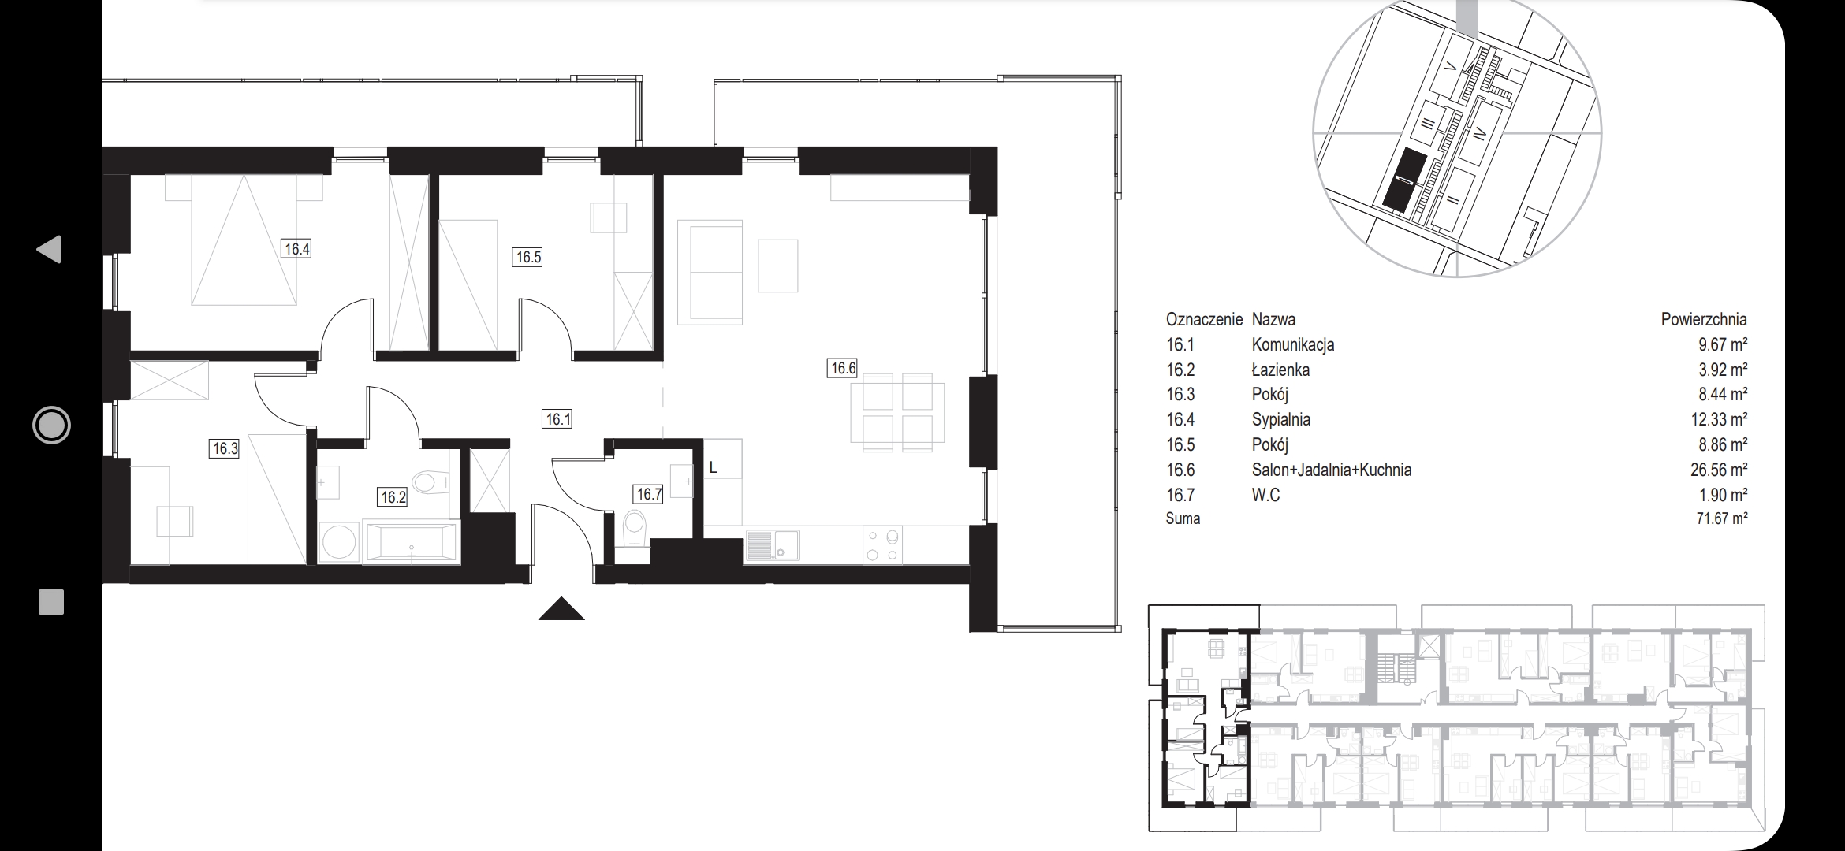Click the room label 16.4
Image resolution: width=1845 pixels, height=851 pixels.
pyautogui.click(x=297, y=249)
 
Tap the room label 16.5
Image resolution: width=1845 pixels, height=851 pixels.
pyautogui.click(x=527, y=257)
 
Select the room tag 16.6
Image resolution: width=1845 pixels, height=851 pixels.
pyautogui.click(x=842, y=368)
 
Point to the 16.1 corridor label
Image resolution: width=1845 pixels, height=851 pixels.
pyautogui.click(x=557, y=419)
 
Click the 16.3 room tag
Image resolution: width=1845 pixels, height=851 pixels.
pyautogui.click(x=225, y=449)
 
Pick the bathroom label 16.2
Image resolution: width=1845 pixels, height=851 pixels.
pyautogui.click(x=393, y=497)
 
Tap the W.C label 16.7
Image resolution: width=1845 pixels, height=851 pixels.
pyautogui.click(x=649, y=494)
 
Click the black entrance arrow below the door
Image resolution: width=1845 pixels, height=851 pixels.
pyautogui.click(x=561, y=609)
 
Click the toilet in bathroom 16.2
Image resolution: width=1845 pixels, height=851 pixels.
pyautogui.click(x=430, y=481)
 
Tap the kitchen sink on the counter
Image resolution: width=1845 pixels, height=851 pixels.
pyautogui.click(x=773, y=545)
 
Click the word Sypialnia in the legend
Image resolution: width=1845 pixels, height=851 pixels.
pyautogui.click(x=1280, y=420)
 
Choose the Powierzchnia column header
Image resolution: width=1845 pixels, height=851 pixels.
pyautogui.click(x=1704, y=319)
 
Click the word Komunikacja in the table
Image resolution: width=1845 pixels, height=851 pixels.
pyautogui.click(x=1292, y=344)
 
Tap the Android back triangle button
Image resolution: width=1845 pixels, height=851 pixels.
pyautogui.click(x=49, y=249)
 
